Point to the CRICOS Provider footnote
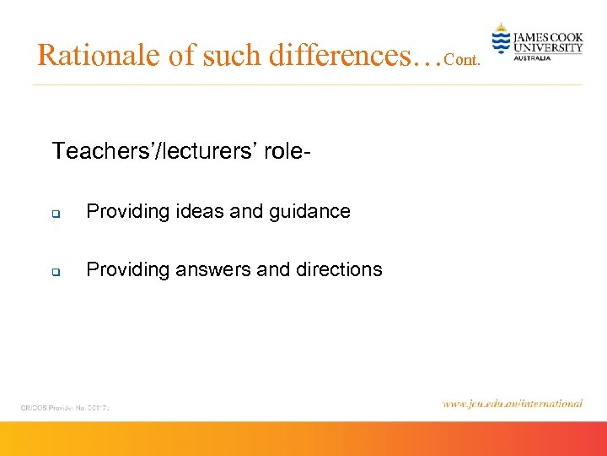point(66,407)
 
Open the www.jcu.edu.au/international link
point(512,404)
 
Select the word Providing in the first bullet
point(127,212)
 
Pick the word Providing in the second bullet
point(127,270)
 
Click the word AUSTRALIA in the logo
point(532,58)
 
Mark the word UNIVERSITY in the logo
point(548,48)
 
